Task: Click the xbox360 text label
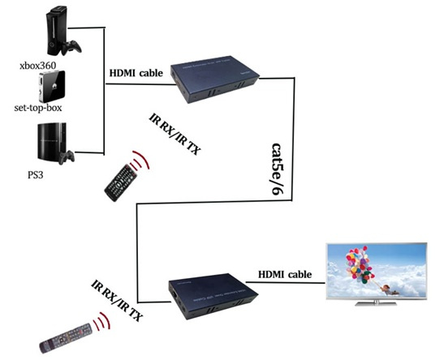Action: (x=37, y=66)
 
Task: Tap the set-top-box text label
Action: (x=38, y=108)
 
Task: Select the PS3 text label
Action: (x=36, y=174)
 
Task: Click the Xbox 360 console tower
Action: (x=57, y=31)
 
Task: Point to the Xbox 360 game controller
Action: (x=71, y=47)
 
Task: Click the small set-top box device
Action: (x=52, y=87)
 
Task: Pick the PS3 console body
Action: (x=51, y=144)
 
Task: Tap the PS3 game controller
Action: (x=67, y=157)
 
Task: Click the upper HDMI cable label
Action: (x=136, y=73)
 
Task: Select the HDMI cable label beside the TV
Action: (x=285, y=274)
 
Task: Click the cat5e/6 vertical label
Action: (x=277, y=169)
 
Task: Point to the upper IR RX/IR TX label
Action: (x=174, y=134)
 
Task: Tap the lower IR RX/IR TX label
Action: (x=117, y=300)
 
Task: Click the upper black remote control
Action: (x=121, y=182)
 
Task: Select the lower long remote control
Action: (x=66, y=338)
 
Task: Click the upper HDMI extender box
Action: (x=214, y=79)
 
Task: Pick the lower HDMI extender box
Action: (x=213, y=296)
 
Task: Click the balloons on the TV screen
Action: (x=360, y=264)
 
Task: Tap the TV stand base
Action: (x=376, y=302)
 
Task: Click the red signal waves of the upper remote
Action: (x=140, y=161)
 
